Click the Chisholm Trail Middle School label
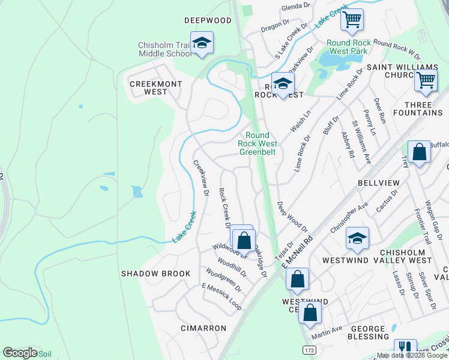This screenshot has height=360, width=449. (164, 49)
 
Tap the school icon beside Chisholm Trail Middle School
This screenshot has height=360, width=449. (202, 43)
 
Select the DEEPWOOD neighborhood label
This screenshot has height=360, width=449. (208, 20)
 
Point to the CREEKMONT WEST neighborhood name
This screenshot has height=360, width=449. (156, 88)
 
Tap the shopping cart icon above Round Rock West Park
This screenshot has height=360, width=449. (352, 19)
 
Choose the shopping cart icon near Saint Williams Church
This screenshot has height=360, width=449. (426, 79)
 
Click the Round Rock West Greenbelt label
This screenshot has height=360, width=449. (258, 144)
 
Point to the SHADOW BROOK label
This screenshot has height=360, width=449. (155, 274)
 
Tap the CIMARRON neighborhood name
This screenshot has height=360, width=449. (203, 328)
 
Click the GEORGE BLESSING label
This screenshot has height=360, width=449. (367, 333)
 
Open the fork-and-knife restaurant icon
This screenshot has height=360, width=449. (405, 349)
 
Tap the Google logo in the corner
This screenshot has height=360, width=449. (20, 353)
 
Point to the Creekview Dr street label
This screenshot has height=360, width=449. (200, 178)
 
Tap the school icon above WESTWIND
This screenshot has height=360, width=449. (357, 238)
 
